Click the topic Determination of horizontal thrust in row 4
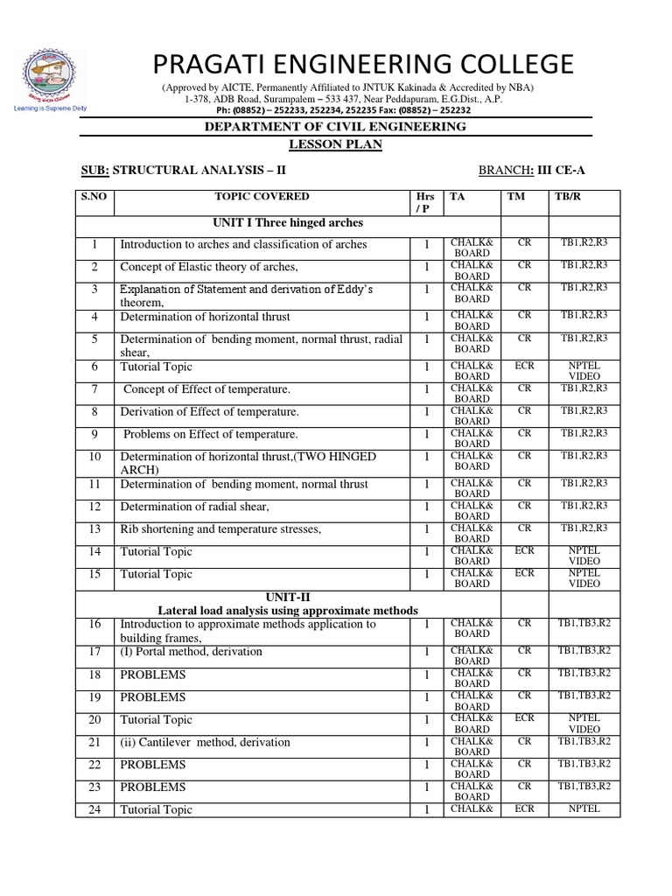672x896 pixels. tap(205, 317)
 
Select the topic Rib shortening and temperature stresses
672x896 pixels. tap(220, 528)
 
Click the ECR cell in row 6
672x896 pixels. tap(524, 366)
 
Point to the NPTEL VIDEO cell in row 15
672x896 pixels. tap(584, 578)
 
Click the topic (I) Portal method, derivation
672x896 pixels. tap(191, 652)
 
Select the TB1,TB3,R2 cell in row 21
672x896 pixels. tap(584, 741)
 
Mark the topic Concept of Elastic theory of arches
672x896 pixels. tap(209, 267)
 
